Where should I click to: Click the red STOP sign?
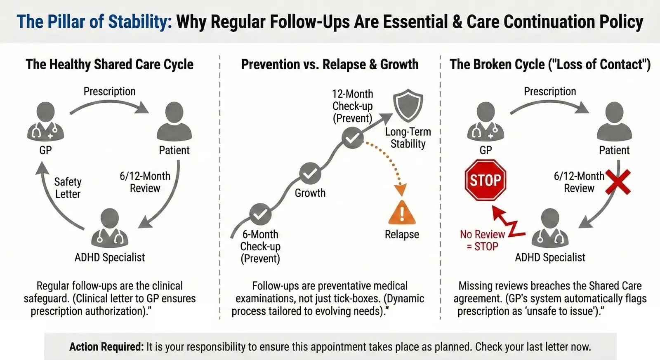(x=485, y=180)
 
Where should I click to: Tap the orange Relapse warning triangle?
(x=402, y=213)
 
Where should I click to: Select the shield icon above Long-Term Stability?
(x=408, y=105)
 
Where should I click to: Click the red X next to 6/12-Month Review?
(x=618, y=182)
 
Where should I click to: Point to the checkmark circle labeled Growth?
(x=310, y=173)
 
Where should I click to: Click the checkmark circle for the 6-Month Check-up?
(x=260, y=214)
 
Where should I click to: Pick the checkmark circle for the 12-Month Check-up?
(x=353, y=138)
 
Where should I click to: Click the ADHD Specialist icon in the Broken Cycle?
(x=550, y=228)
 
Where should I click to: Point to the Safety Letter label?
(x=68, y=188)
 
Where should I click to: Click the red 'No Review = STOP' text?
(x=482, y=240)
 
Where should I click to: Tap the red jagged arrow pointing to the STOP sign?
(x=508, y=223)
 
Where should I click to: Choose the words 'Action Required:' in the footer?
(x=106, y=347)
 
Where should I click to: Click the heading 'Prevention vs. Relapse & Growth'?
(x=330, y=65)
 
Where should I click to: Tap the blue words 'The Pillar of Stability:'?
(x=94, y=22)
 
